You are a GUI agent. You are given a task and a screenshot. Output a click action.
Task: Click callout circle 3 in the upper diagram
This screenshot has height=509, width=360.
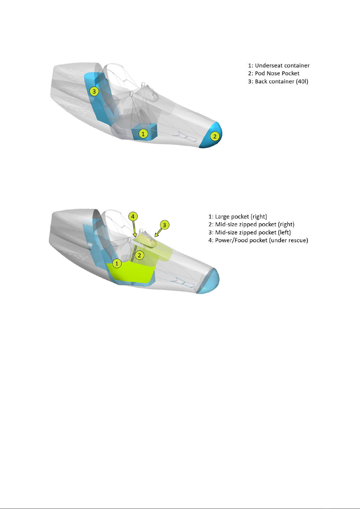coord(94,91)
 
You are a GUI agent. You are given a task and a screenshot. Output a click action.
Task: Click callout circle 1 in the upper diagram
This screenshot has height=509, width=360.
coord(143,133)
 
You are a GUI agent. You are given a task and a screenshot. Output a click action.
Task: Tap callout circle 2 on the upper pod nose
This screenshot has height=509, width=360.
coord(215,136)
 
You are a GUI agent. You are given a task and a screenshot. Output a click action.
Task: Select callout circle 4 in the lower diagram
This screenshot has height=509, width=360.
coord(133,216)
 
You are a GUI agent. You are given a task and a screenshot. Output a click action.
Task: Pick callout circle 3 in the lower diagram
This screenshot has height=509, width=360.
coord(164,225)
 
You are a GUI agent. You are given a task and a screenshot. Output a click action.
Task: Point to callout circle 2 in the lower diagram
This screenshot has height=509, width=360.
coord(139,255)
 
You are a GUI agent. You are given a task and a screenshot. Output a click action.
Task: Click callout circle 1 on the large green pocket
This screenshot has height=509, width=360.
coord(117,263)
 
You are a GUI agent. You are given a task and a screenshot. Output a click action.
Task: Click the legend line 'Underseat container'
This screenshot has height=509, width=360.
coord(279,66)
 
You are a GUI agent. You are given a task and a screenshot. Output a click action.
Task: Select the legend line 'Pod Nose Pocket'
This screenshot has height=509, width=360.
coord(274,73)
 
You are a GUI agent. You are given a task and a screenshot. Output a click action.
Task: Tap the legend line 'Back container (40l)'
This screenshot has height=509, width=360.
coord(278,82)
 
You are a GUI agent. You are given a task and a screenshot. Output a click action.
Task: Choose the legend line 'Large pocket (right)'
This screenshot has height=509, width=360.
coord(238,217)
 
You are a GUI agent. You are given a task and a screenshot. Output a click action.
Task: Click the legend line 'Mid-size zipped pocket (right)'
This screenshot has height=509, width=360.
coord(251,224)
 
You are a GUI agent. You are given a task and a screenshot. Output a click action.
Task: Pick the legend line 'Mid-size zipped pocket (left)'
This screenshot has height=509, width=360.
coord(249,233)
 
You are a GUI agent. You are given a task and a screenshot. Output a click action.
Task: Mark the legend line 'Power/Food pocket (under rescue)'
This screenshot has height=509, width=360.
coord(258,240)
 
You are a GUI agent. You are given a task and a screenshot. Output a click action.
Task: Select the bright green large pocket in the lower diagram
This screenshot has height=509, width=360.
coord(133,272)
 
